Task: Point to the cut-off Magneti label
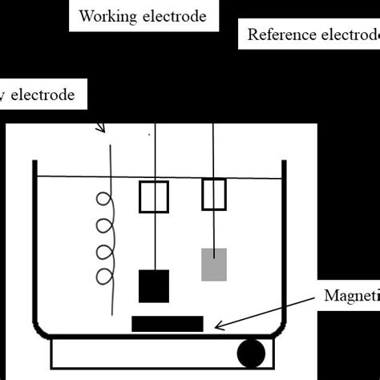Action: [x=350, y=295]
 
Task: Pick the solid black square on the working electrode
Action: [x=153, y=286]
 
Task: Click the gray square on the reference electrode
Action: [x=213, y=265]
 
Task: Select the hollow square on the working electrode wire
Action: [x=153, y=197]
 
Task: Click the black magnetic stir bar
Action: [x=167, y=323]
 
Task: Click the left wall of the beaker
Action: [x=34, y=241]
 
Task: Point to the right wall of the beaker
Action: [x=284, y=241]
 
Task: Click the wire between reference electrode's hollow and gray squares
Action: [x=213, y=229]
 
